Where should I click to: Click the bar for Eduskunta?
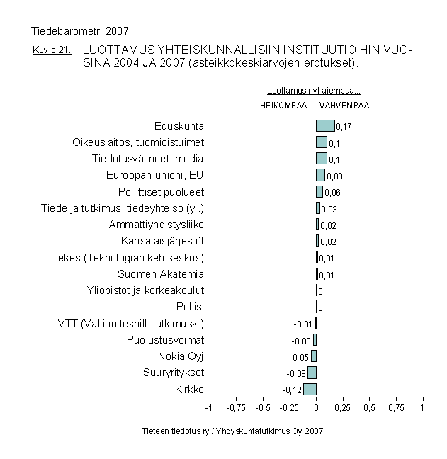(x=325, y=126)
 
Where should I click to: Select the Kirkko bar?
(x=310, y=389)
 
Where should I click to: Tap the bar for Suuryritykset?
(x=312, y=373)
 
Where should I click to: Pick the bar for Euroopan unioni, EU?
(x=320, y=175)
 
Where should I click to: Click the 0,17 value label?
(x=344, y=127)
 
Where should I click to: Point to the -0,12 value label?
(x=292, y=390)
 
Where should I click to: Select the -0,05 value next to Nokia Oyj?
(x=299, y=358)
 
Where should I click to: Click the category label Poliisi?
(x=190, y=307)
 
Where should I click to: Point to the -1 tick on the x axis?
(x=209, y=408)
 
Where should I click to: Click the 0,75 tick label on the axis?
(x=395, y=408)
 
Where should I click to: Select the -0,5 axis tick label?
(x=262, y=408)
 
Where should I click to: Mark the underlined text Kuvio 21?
(x=51, y=51)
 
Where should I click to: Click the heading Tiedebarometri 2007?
(x=81, y=30)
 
